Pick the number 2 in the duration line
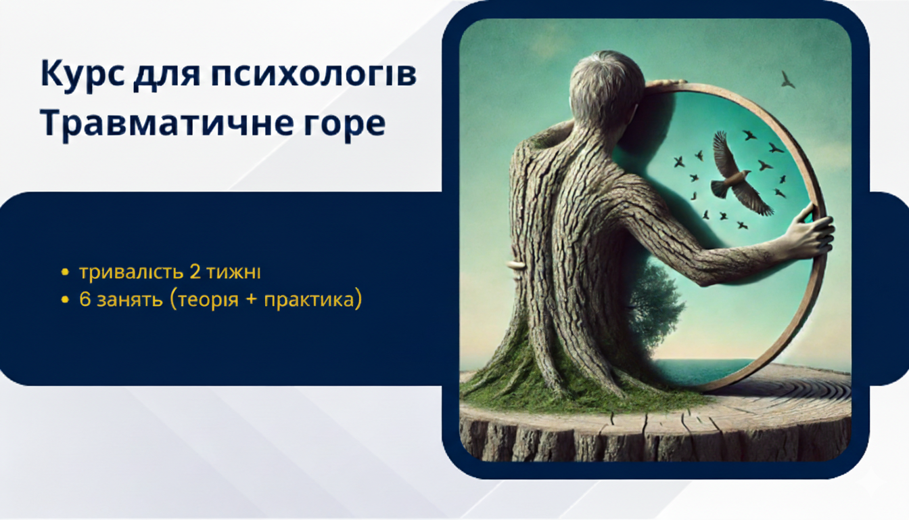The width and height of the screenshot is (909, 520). click(x=195, y=272)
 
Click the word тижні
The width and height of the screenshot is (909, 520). click(x=234, y=272)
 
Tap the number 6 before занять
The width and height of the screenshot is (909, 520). click(x=85, y=300)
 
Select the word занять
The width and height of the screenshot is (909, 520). click(x=130, y=301)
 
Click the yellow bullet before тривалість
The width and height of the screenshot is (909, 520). click(x=64, y=272)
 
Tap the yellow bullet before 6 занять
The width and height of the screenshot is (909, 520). click(x=64, y=300)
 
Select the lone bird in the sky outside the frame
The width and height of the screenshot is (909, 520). click(x=787, y=80)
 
